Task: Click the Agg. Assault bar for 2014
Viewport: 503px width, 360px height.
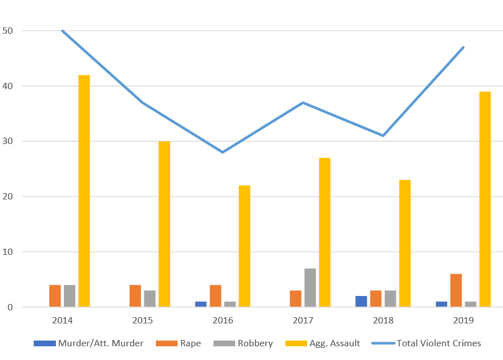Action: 84,191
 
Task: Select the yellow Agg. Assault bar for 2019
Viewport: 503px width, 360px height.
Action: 485,199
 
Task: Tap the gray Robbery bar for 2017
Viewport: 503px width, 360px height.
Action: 310,287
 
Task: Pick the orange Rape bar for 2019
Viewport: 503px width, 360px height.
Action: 456,290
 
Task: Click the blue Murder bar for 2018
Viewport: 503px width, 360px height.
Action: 361,301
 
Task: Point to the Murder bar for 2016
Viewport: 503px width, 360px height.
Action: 200,304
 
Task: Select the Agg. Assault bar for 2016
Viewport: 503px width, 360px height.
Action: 244,246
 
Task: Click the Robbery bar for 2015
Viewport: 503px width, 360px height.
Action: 150,298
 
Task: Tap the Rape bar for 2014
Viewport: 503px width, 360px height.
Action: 55,296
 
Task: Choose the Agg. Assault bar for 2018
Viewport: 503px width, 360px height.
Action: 405,243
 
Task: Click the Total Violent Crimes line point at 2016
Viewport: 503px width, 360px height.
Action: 223,152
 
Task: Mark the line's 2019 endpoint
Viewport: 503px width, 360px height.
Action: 464,47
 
